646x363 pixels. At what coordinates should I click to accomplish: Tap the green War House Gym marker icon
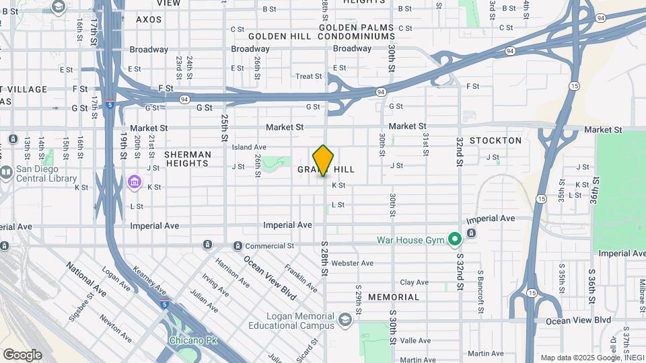[455, 239]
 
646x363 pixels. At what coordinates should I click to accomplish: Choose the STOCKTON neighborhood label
[495, 140]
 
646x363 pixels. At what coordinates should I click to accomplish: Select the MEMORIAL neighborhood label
[393, 297]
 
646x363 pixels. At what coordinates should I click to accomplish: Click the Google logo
[22, 354]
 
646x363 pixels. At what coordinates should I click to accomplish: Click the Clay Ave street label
[414, 282]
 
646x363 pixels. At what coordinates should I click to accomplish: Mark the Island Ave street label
[249, 147]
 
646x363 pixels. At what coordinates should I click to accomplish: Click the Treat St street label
[309, 77]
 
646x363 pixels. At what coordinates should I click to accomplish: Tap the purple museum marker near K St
[134, 182]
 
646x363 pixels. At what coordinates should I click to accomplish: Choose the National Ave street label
[85, 280]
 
